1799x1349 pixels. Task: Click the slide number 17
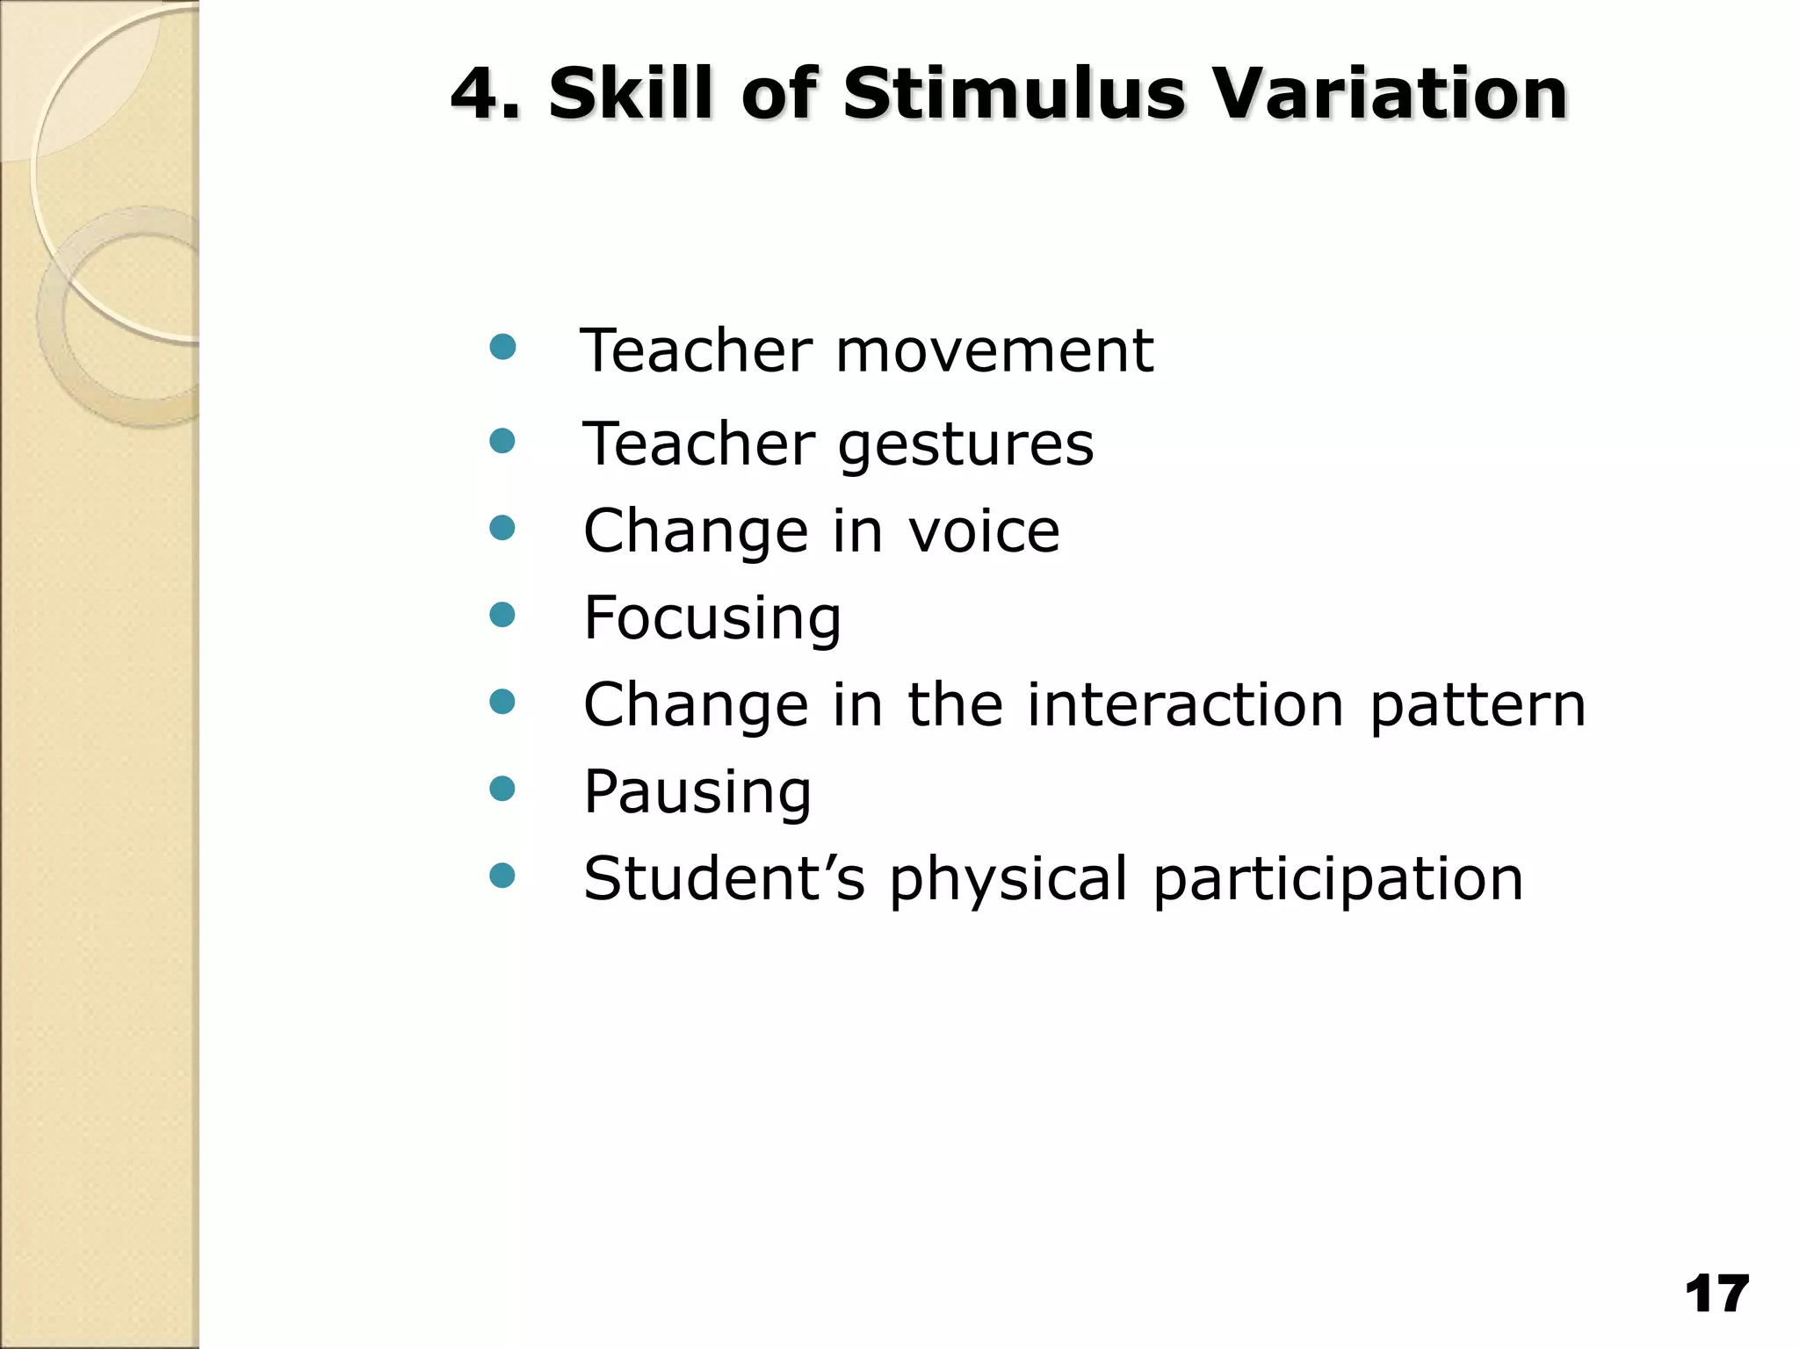pyautogui.click(x=1716, y=1295)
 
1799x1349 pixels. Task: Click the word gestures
pyautogui.click(x=965, y=444)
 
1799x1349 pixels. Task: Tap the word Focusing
pyautogui.click(x=712, y=617)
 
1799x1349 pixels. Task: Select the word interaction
pyautogui.click(x=1185, y=704)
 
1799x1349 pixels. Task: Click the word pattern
pyautogui.click(x=1477, y=706)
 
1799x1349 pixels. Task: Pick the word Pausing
pyautogui.click(x=697, y=792)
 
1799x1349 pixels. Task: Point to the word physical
pyautogui.click(x=1008, y=879)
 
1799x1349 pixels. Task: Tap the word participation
pyautogui.click(x=1337, y=879)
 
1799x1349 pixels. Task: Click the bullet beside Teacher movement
pyautogui.click(x=502, y=347)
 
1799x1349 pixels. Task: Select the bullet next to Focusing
pyautogui.click(x=502, y=614)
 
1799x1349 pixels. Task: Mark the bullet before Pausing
pyautogui.click(x=502, y=788)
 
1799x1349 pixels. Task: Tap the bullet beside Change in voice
pyautogui.click(x=502, y=527)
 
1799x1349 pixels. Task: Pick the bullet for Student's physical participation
pyautogui.click(x=502, y=875)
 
